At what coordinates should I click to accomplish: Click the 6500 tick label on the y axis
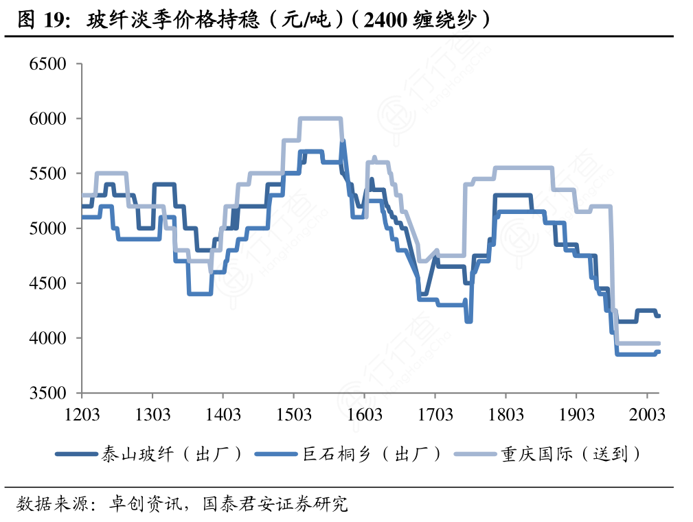click(47, 64)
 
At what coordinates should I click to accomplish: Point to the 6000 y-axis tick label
click(47, 119)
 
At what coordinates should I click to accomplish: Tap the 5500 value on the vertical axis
click(47, 174)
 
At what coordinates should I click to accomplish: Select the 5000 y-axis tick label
click(47, 228)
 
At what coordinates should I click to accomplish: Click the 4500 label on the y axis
click(47, 283)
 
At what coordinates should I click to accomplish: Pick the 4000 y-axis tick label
click(47, 338)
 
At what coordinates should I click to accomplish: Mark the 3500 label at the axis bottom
click(47, 393)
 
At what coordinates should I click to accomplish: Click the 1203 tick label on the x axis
click(82, 415)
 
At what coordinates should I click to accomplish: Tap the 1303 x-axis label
click(152, 415)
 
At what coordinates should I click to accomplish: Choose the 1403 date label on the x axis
click(223, 415)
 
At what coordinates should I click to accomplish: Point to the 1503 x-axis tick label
click(294, 415)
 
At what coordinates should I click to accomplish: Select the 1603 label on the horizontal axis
click(365, 415)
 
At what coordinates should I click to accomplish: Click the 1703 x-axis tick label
click(435, 415)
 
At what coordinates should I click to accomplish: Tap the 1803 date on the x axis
click(506, 415)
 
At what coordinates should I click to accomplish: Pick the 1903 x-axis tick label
click(577, 415)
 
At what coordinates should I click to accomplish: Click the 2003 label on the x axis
click(648, 415)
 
